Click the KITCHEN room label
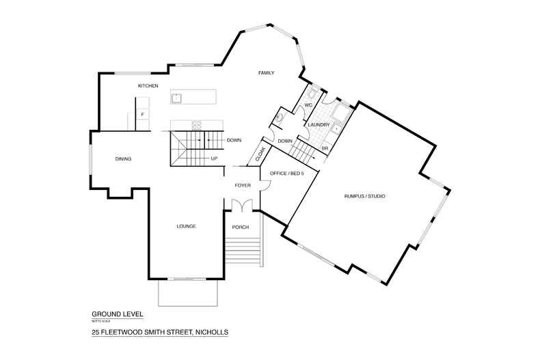(x=148, y=86)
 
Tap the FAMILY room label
(x=266, y=72)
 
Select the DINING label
(x=123, y=159)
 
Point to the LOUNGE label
(x=187, y=226)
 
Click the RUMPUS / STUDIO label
(x=364, y=196)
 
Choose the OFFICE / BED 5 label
(x=286, y=174)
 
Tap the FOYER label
(x=243, y=186)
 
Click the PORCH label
(x=241, y=227)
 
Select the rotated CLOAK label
(x=260, y=154)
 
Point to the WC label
(x=308, y=105)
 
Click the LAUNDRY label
(x=319, y=125)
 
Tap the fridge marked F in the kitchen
(x=142, y=114)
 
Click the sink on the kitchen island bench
(x=176, y=98)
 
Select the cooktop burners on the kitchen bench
(x=197, y=124)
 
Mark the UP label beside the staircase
(x=214, y=158)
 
